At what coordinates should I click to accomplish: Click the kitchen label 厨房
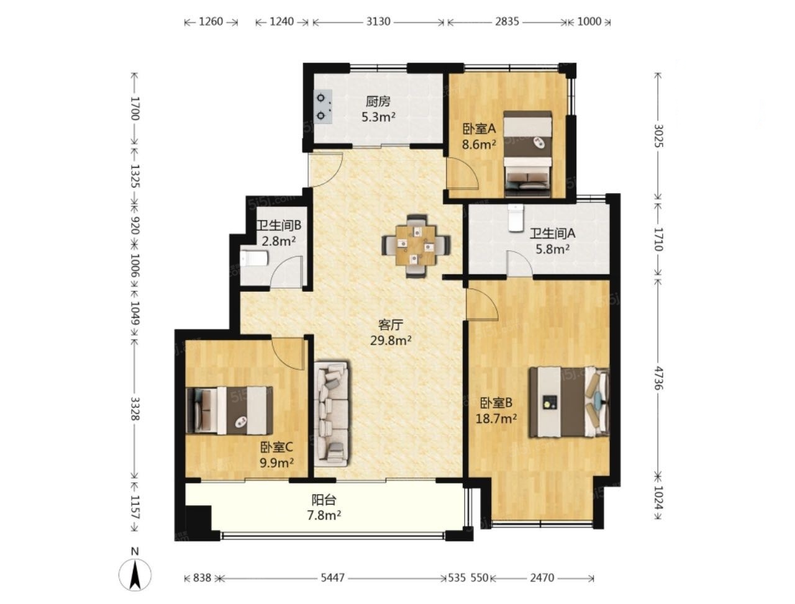point(378,102)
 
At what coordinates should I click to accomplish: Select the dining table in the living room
point(416,246)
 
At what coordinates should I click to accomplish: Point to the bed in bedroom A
point(528,154)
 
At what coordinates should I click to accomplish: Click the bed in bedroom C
point(229,410)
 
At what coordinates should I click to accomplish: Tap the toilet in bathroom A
point(515,218)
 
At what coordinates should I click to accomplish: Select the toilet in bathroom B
point(254,258)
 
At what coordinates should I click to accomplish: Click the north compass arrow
point(135,575)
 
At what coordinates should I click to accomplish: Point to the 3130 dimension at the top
point(378,22)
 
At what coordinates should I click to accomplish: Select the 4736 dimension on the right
point(658,378)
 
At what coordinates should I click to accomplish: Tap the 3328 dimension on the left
point(135,409)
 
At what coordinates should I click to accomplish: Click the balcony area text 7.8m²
point(324,515)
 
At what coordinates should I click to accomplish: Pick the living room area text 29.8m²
point(391,340)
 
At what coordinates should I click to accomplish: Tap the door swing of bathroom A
point(519,264)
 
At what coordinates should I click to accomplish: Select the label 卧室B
point(496,402)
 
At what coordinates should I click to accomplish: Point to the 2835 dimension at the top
point(507,22)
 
